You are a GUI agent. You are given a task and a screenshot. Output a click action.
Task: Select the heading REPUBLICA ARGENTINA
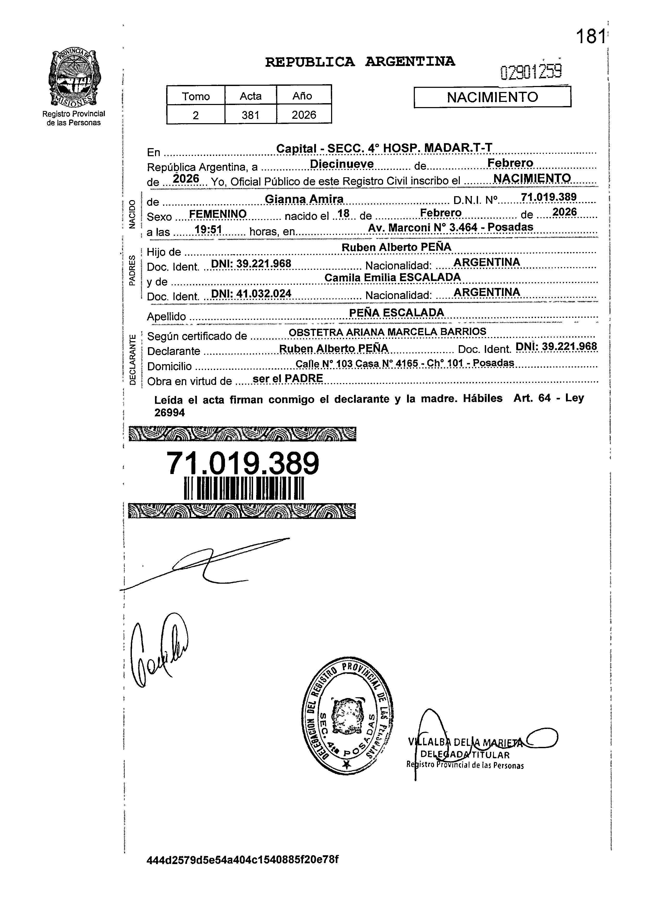tap(360, 62)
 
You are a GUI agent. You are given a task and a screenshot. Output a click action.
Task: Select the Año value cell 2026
tap(304, 115)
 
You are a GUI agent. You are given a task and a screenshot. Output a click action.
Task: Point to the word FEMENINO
tap(218, 214)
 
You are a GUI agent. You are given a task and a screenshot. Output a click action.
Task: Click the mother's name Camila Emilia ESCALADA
tap(392, 277)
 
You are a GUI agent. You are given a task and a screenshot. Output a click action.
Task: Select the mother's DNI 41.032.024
tap(251, 294)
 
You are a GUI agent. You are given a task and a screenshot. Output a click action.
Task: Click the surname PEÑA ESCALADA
tap(396, 313)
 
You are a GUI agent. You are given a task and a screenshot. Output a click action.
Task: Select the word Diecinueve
tap(341, 164)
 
